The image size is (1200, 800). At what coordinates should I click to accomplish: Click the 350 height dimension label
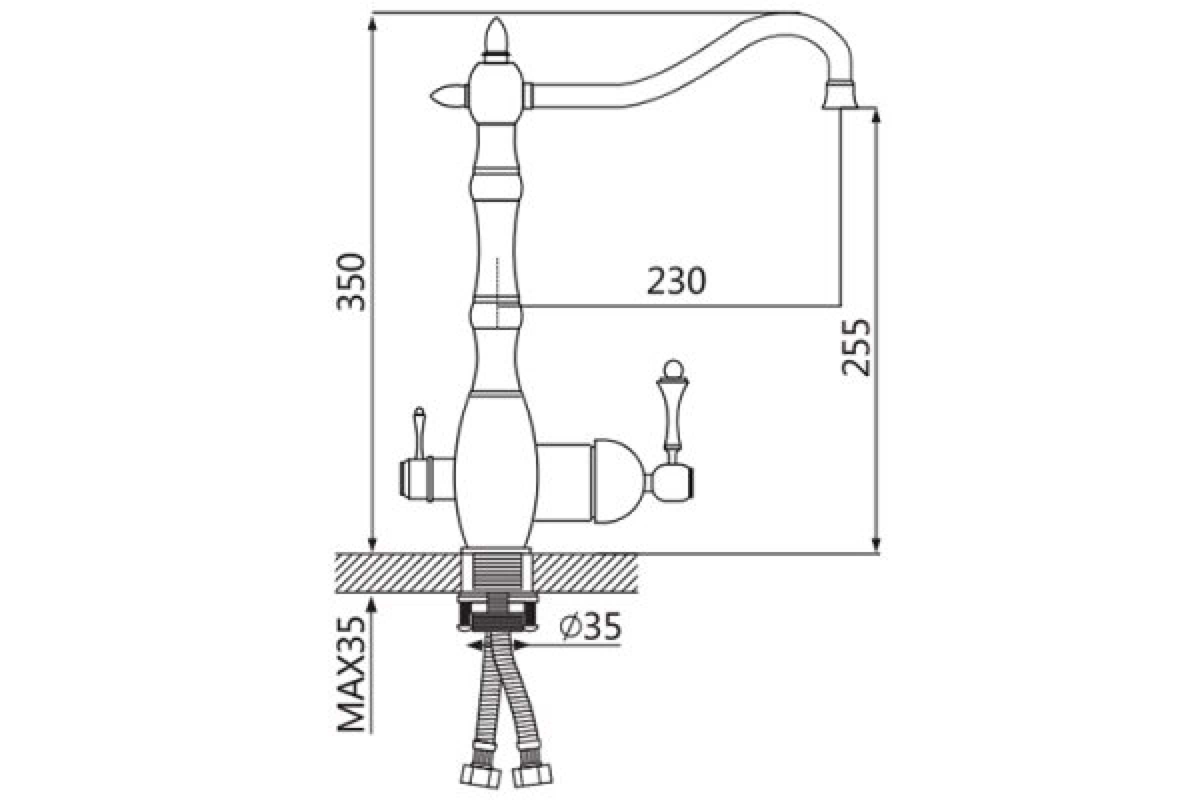coord(351,282)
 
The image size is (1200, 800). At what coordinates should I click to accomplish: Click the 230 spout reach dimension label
coord(676,281)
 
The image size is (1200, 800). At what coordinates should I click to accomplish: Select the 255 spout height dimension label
coord(855,347)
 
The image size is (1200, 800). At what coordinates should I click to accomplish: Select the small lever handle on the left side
coord(418,431)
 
